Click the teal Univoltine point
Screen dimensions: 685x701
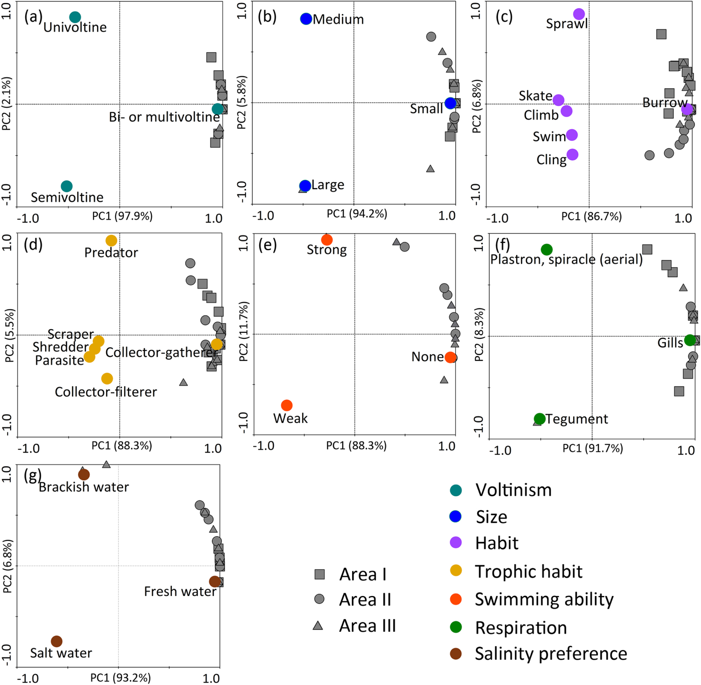[x=75, y=17]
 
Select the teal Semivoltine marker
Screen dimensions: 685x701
[x=67, y=186]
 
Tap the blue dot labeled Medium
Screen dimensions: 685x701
[x=306, y=19]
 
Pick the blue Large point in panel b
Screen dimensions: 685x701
[x=305, y=185]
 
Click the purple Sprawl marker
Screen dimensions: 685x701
[x=579, y=14]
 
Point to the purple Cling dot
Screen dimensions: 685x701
[x=572, y=155]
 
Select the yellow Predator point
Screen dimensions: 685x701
[x=111, y=240]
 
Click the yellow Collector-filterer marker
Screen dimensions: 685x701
[x=107, y=379]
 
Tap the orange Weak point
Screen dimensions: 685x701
[x=287, y=405]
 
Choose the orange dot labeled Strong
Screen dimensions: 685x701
[x=326, y=240]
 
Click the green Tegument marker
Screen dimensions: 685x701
[x=539, y=418]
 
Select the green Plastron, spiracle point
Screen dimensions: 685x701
[x=547, y=249]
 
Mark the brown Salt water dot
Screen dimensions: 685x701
[x=57, y=641]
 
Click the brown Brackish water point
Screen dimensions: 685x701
[x=84, y=474]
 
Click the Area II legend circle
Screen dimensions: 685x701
[x=320, y=599]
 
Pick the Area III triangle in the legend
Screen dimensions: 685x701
[x=318, y=626]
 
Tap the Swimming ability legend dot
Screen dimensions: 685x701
[x=456, y=599]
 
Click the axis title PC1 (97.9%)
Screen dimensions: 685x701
[x=122, y=216]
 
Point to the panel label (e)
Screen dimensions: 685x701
[x=267, y=246]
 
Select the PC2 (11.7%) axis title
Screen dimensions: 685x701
[x=243, y=332]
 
